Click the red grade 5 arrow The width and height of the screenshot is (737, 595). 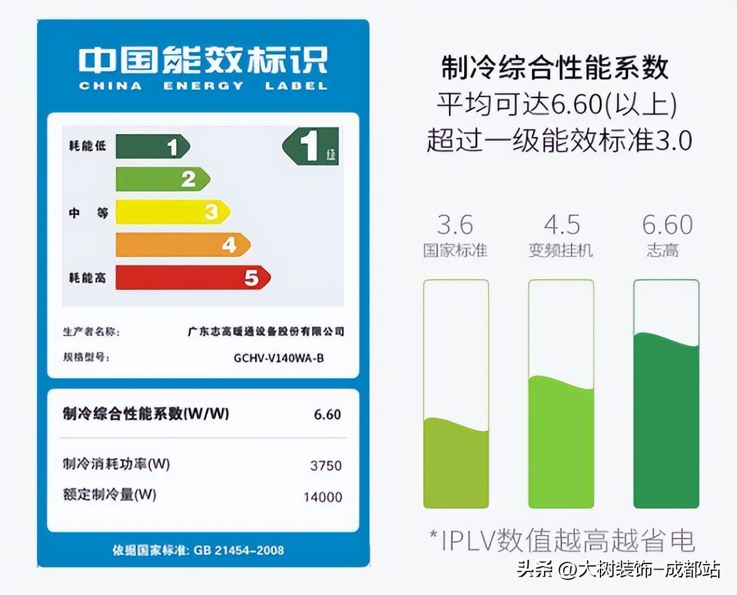tap(192, 277)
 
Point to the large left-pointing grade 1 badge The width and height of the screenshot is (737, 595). tap(311, 147)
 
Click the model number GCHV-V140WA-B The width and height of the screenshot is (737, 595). tap(279, 358)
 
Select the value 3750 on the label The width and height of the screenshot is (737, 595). tap(326, 465)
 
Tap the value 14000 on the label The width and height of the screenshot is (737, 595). tap(323, 497)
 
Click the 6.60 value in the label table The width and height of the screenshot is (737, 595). tap(327, 414)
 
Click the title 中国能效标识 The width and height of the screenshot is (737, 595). tap(203, 61)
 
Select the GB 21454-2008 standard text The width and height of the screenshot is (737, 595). tap(238, 550)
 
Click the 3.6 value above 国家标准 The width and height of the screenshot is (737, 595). tap(455, 225)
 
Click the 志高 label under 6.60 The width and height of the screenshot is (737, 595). tap(662, 250)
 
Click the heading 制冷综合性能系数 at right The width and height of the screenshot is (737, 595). tap(554, 68)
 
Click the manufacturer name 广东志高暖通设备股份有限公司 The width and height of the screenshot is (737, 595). tap(266, 331)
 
